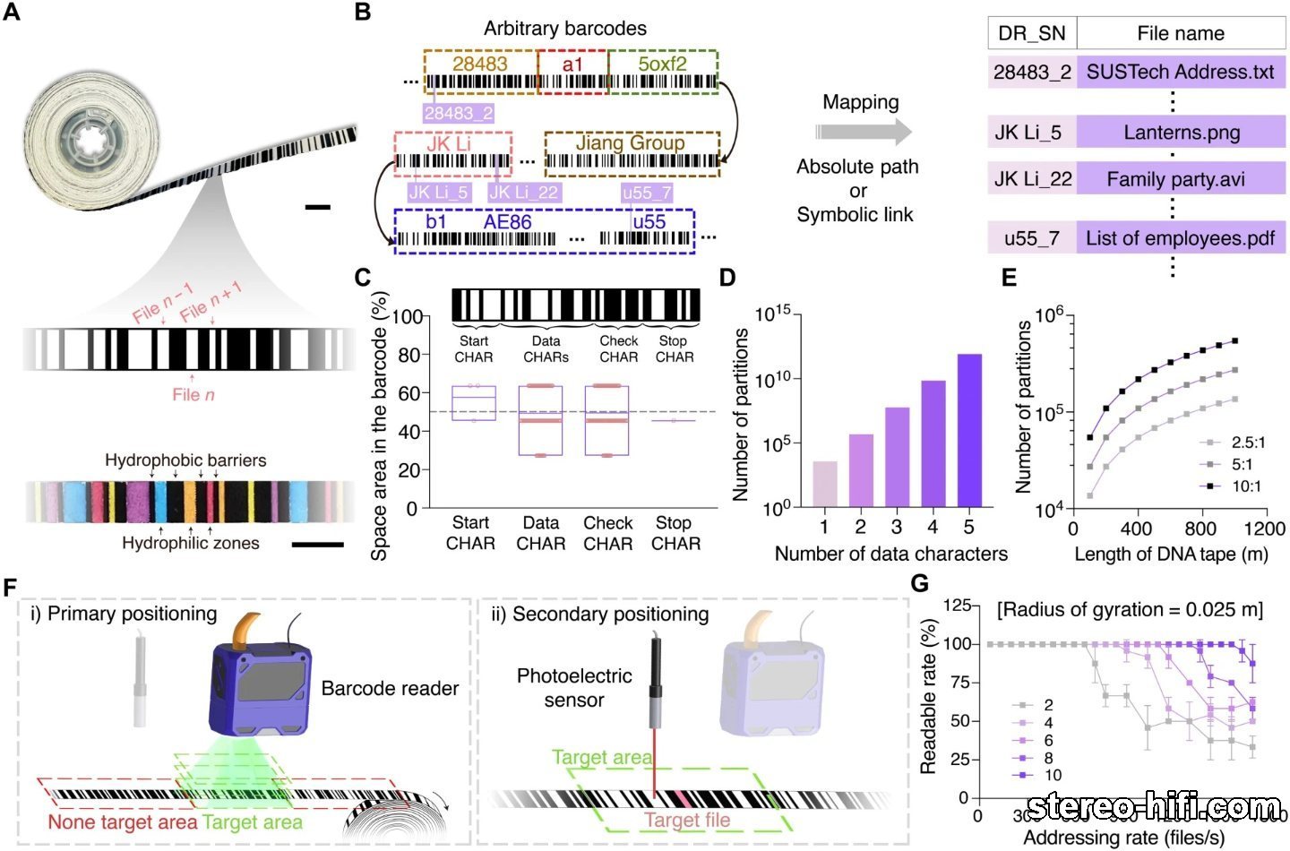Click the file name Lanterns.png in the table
click(x=1181, y=133)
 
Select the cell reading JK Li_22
click(x=1032, y=179)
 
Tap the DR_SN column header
click(x=1031, y=34)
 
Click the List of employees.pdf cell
click(x=1180, y=238)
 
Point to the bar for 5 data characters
click(x=969, y=430)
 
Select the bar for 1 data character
click(x=824, y=484)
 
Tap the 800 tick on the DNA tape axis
click(x=1200, y=529)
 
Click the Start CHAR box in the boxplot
click(x=474, y=403)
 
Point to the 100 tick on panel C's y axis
click(x=407, y=317)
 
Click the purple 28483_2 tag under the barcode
click(x=459, y=113)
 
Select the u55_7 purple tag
click(x=646, y=192)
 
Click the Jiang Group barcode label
click(x=631, y=143)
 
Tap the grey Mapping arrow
click(x=863, y=133)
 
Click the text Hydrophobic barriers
click(x=185, y=460)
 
